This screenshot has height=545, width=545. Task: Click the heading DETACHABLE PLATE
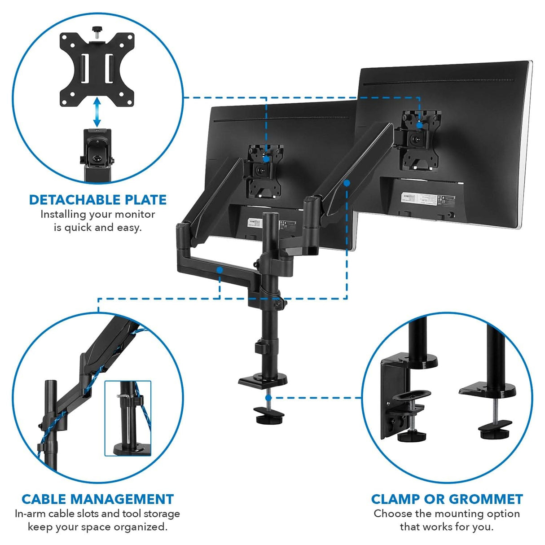pos(97,200)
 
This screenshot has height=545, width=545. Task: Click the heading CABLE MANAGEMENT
pos(97,499)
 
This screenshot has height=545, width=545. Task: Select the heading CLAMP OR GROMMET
pos(447,499)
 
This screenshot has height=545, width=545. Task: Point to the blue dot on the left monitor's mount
pos(266,158)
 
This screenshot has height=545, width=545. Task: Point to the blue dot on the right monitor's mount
pos(419,125)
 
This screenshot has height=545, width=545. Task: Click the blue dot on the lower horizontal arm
pos(220,270)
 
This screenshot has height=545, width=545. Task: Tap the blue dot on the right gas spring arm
pos(347,183)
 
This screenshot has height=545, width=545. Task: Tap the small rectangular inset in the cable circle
pos(128,418)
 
